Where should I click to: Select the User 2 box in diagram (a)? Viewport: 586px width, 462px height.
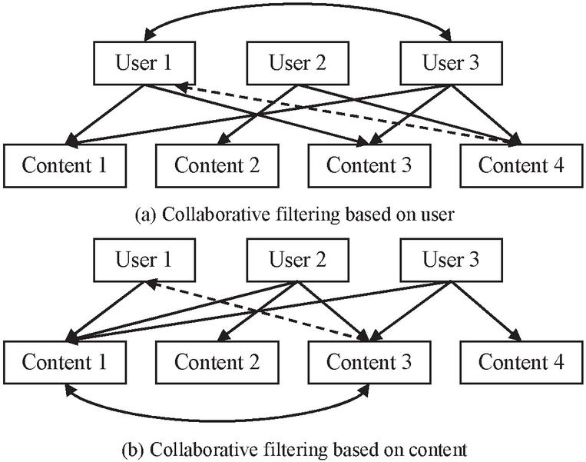point(296,63)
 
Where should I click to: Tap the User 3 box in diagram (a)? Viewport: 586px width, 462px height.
point(450,63)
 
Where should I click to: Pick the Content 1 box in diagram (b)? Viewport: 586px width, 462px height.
point(64,361)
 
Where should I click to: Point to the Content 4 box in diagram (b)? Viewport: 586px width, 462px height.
point(521,361)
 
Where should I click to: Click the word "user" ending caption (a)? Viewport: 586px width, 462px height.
point(438,215)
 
